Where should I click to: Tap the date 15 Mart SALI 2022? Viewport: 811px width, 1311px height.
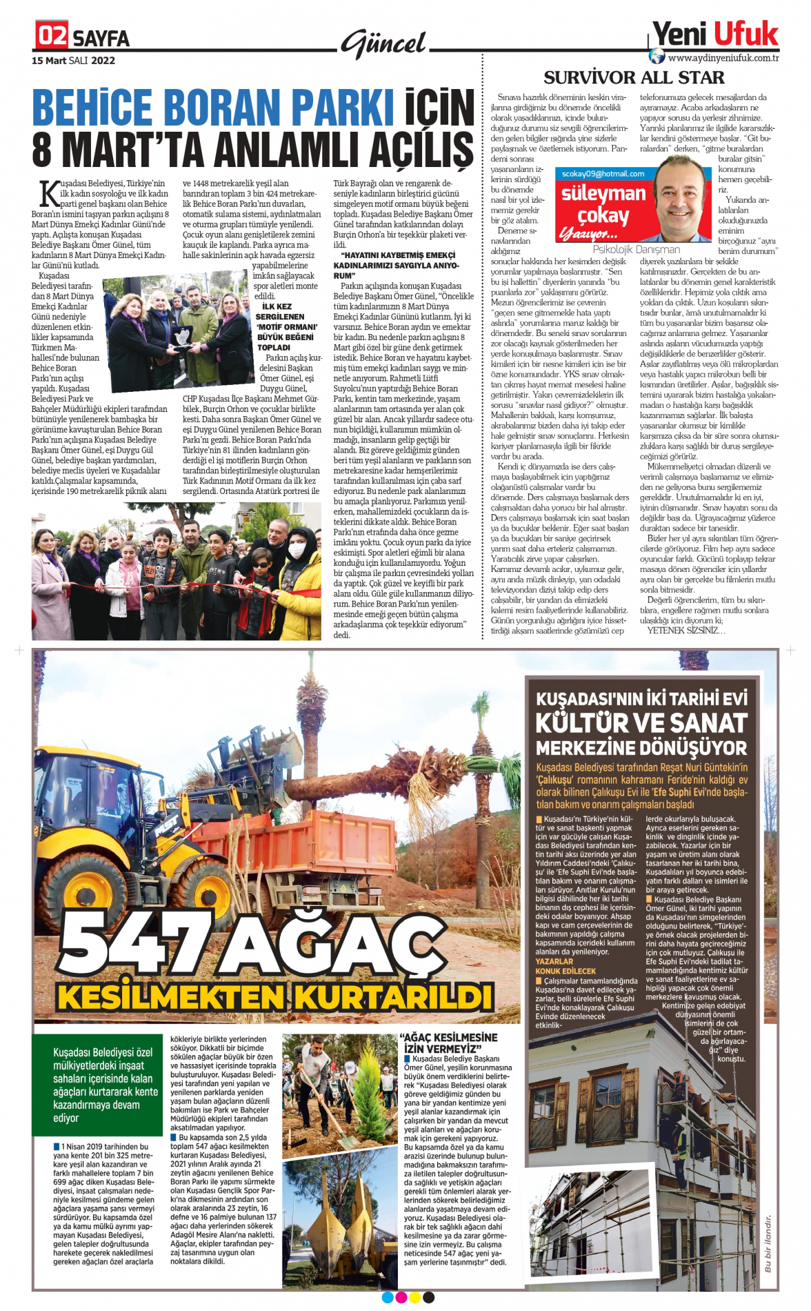point(73,61)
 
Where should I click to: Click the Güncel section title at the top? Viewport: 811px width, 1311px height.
point(383,44)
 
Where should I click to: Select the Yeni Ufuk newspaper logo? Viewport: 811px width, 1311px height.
point(715,33)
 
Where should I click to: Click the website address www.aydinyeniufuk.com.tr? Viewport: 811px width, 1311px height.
point(723,58)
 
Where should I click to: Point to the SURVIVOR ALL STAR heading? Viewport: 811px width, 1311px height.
point(634,77)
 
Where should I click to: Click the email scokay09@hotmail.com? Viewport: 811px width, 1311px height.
point(603,174)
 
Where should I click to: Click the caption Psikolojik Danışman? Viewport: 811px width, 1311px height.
point(636,250)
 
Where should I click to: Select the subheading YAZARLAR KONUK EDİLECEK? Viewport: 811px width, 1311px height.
point(565,966)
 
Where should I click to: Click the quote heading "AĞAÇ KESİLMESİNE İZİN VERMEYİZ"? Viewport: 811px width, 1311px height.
point(450,1043)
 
